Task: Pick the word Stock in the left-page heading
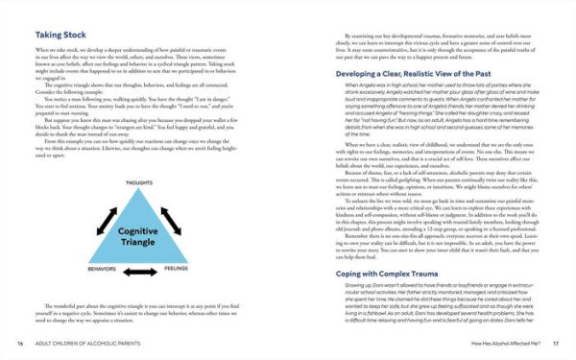[x=84, y=32]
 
